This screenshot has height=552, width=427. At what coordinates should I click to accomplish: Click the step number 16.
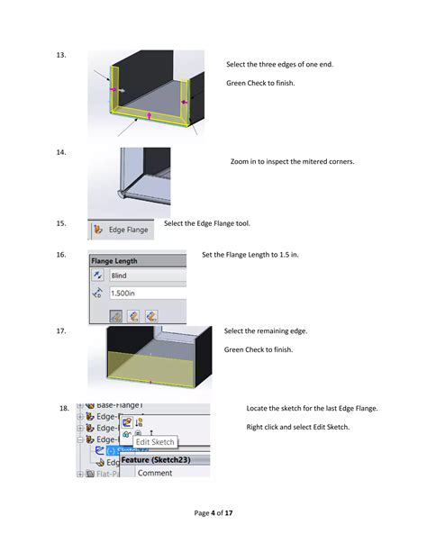click(60, 255)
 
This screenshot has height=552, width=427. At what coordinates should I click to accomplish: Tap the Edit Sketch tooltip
click(155, 442)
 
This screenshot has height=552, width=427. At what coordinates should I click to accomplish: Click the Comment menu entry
click(155, 473)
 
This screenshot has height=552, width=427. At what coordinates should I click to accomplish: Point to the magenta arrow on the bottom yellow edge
click(148, 114)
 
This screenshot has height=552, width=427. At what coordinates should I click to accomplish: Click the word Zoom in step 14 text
click(241, 161)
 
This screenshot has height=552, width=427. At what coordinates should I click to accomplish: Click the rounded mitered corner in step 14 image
click(123, 192)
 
